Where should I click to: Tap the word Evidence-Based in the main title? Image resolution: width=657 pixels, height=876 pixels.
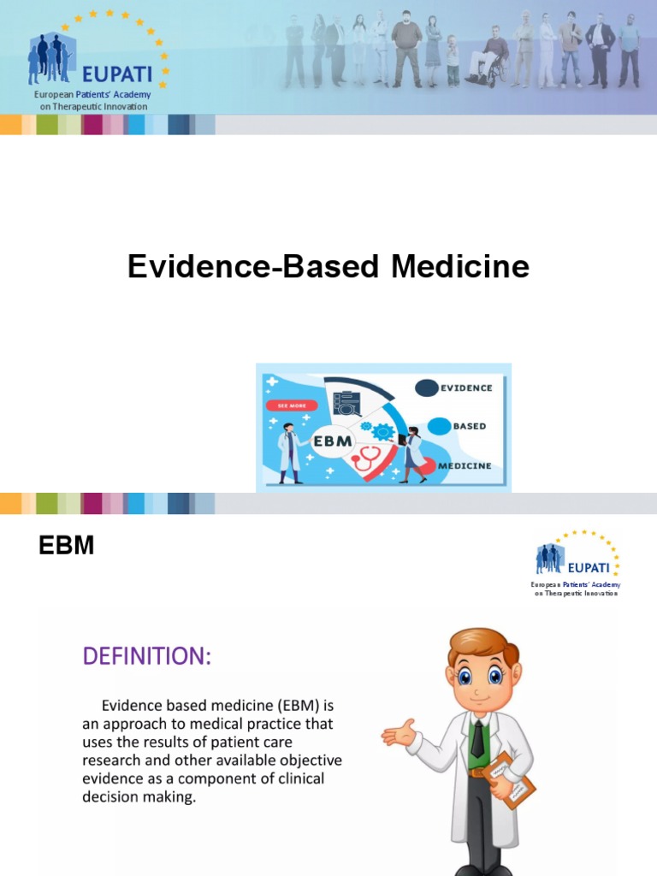pyautogui.click(x=253, y=267)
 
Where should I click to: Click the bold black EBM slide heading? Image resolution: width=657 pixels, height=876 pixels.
pyautogui.click(x=67, y=546)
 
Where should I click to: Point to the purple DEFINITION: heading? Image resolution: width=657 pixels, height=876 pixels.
pyautogui.click(x=145, y=657)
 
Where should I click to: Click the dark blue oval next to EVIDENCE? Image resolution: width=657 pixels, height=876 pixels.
pyautogui.click(x=426, y=388)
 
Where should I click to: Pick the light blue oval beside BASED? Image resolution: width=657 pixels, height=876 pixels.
pyautogui.click(x=438, y=426)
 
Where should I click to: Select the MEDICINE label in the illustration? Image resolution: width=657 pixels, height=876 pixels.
pyautogui.click(x=465, y=466)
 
